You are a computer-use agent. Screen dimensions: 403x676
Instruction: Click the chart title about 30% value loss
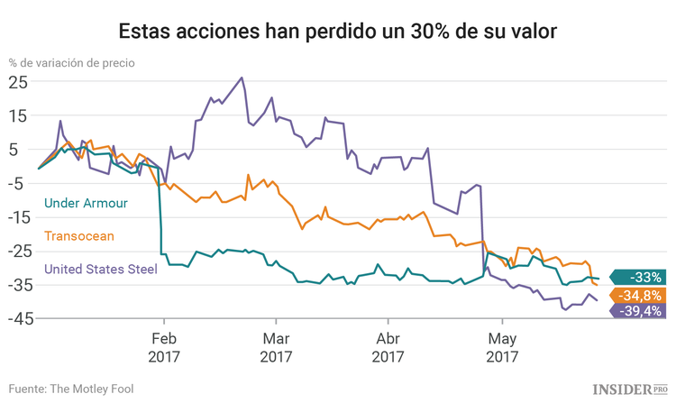[x=338, y=30]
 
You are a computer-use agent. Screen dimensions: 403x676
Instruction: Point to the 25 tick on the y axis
[x=18, y=81]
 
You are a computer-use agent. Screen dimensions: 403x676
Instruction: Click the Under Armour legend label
[x=86, y=203]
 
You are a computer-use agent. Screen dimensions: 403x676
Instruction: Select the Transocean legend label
[x=79, y=235]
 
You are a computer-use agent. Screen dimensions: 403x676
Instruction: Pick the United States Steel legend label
[x=100, y=269]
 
